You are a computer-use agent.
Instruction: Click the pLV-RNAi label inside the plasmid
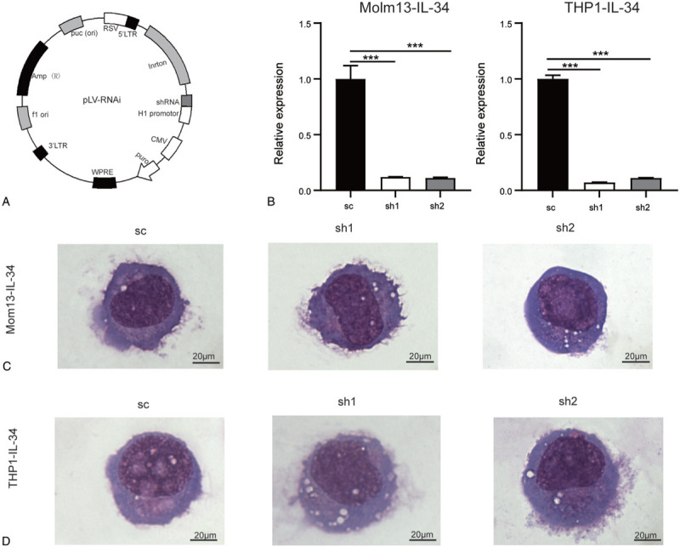click(x=101, y=100)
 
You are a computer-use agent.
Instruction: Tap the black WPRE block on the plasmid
click(x=105, y=182)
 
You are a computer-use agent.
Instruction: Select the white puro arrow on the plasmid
click(x=148, y=170)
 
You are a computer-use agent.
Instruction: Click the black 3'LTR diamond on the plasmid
click(x=41, y=153)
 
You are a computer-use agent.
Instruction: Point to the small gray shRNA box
click(x=186, y=100)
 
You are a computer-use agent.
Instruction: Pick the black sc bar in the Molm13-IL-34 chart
click(x=350, y=134)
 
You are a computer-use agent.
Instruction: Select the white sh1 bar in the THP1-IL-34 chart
click(x=596, y=186)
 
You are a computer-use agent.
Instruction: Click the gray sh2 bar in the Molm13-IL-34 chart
click(x=440, y=184)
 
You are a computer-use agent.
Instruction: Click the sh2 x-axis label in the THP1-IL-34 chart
click(x=643, y=208)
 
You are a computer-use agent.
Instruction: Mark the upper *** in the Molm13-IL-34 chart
click(x=415, y=46)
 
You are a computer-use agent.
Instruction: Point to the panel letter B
click(x=271, y=202)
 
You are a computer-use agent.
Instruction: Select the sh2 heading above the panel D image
click(x=568, y=402)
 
